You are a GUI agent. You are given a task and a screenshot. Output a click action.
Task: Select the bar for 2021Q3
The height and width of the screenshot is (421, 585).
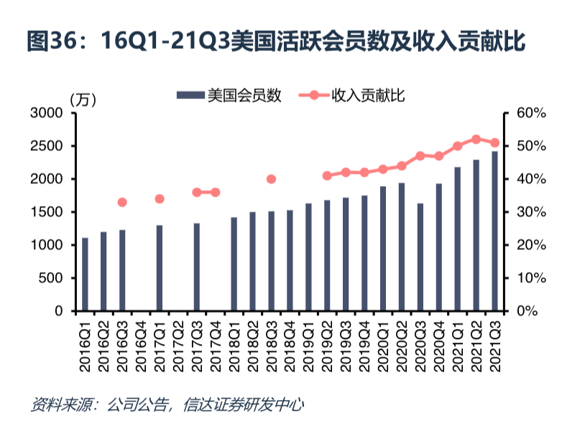click(x=495, y=231)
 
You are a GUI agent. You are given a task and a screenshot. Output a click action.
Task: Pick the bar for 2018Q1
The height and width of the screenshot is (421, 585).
click(x=234, y=264)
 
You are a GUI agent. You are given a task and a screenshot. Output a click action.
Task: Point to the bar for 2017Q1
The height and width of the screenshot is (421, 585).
click(x=160, y=268)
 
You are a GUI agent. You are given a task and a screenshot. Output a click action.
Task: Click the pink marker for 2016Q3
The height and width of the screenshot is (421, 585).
click(x=122, y=203)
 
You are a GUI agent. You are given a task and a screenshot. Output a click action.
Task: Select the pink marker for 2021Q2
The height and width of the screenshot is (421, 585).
click(x=476, y=139)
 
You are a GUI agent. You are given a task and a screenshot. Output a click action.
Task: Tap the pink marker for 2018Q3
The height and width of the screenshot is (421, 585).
click(x=271, y=179)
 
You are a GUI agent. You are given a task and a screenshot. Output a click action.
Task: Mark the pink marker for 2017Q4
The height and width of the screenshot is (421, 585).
click(x=215, y=193)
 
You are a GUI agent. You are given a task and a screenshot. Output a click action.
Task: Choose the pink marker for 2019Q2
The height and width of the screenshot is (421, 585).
click(x=327, y=175)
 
